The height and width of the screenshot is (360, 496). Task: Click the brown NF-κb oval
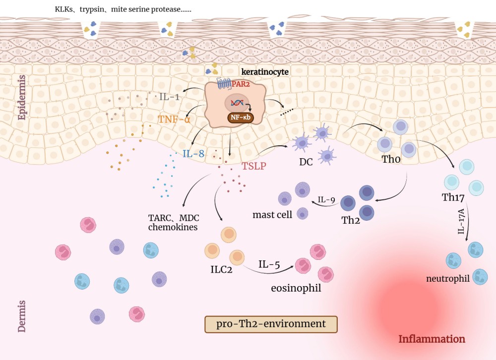(x=241, y=118)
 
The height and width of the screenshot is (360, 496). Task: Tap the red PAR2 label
(x=241, y=84)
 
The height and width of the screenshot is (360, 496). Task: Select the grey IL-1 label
(x=170, y=97)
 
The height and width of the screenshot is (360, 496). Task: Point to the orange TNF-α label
(x=174, y=120)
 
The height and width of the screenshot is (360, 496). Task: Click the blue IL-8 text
(x=193, y=154)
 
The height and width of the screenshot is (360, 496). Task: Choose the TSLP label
(x=254, y=166)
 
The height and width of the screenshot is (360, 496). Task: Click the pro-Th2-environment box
(x=271, y=324)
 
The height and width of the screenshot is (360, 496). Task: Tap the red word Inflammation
(x=432, y=339)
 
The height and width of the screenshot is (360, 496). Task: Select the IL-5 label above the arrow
(x=269, y=264)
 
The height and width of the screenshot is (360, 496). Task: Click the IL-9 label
(x=326, y=200)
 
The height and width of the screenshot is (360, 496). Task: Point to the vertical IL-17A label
(x=461, y=222)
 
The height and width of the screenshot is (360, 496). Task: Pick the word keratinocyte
(x=265, y=72)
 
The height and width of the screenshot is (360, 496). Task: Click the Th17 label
(x=453, y=197)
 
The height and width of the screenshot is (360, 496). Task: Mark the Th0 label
(x=391, y=159)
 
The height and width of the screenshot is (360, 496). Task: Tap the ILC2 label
(x=221, y=270)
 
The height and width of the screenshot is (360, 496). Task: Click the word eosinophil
(x=296, y=288)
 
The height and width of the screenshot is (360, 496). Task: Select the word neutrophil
(x=448, y=279)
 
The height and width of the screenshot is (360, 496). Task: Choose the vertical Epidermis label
(x=21, y=97)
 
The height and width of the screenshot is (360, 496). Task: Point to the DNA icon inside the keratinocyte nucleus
(x=237, y=103)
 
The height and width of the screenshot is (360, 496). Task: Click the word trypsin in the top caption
(x=92, y=9)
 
